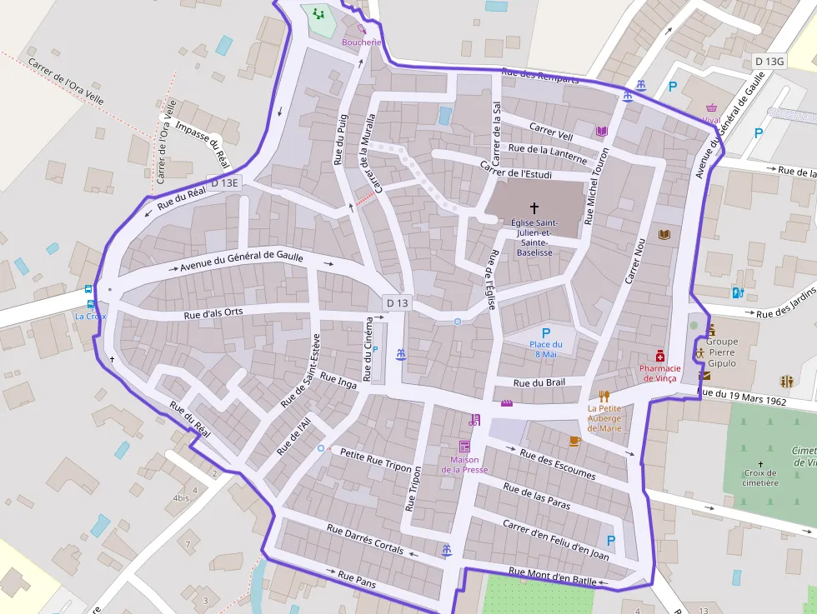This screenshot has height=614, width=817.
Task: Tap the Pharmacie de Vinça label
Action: [x=660, y=373]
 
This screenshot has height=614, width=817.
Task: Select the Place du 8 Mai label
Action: [x=546, y=349]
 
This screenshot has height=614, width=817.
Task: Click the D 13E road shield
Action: [x=224, y=182]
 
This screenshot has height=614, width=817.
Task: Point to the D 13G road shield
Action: [x=769, y=62]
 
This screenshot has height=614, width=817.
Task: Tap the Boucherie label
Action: [x=362, y=42]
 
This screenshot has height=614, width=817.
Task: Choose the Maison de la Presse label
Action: [x=464, y=464]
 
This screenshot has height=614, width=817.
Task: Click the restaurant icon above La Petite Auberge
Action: [x=604, y=397]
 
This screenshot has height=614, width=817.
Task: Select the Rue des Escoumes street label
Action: [x=558, y=464]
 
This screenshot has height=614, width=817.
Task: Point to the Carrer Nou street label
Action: [x=636, y=262]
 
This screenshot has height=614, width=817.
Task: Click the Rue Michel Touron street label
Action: [x=596, y=186]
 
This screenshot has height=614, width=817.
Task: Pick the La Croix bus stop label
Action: [x=90, y=317]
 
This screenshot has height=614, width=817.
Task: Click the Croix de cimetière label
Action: [x=760, y=477]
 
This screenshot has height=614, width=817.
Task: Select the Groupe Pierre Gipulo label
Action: [x=722, y=352]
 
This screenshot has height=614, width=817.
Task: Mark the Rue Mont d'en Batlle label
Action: [x=552, y=577]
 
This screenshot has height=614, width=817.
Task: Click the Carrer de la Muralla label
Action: [x=368, y=154]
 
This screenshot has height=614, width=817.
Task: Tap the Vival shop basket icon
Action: [x=712, y=107]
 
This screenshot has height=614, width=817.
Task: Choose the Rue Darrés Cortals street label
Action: [x=365, y=539]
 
